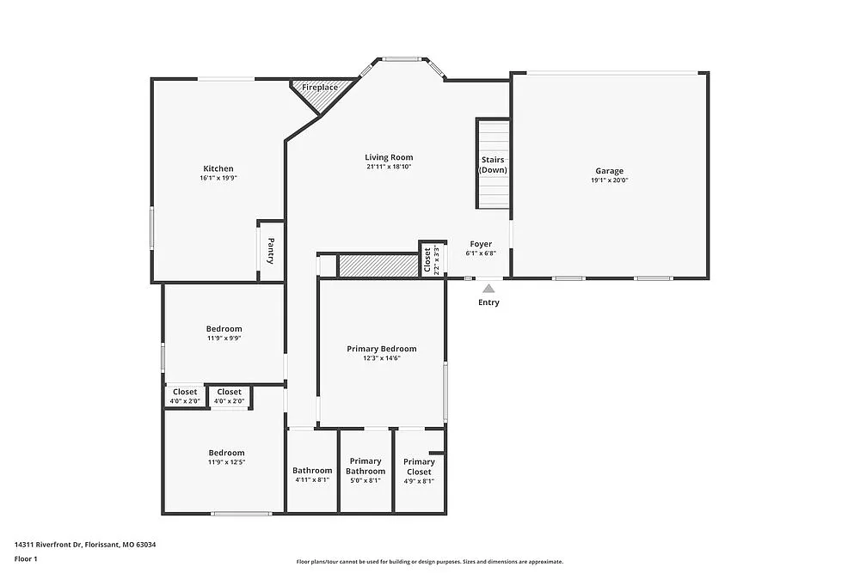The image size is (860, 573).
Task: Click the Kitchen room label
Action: tap(218, 168)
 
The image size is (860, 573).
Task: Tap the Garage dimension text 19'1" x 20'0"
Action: tap(610, 180)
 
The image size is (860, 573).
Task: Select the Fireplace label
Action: tap(319, 88)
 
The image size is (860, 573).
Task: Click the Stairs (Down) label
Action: tap(493, 165)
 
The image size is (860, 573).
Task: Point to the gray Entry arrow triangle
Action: tap(488, 290)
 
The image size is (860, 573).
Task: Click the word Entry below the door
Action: tap(488, 302)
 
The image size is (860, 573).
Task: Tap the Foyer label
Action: tap(481, 244)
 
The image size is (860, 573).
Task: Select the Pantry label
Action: tap(270, 250)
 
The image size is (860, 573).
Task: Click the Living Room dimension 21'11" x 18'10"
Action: tap(389, 167)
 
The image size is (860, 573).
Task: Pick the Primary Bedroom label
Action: tap(382, 349)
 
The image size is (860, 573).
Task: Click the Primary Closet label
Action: tap(419, 466)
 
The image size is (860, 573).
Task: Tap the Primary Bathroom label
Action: tap(365, 466)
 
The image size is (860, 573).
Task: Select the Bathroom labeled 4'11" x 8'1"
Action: tap(312, 471)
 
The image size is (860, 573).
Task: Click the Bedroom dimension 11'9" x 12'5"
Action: tap(226, 463)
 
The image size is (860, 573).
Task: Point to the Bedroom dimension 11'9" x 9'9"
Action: tap(224, 338)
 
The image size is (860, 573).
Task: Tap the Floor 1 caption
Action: tap(26, 559)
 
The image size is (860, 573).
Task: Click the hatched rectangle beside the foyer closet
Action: tap(378, 265)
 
